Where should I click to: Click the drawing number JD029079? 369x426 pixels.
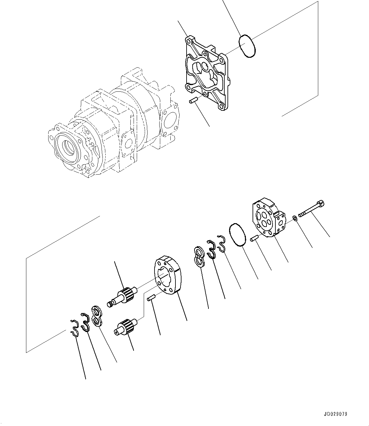(x=335, y=414)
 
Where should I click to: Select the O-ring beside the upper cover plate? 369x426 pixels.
(x=247, y=46)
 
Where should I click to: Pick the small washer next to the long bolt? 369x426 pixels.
(x=295, y=218)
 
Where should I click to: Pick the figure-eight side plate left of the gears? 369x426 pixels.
(x=97, y=316)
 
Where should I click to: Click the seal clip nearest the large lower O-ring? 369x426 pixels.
(x=221, y=243)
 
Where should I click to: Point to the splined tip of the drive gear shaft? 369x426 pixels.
(x=110, y=304)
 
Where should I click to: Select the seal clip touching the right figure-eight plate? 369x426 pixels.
(x=211, y=249)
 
